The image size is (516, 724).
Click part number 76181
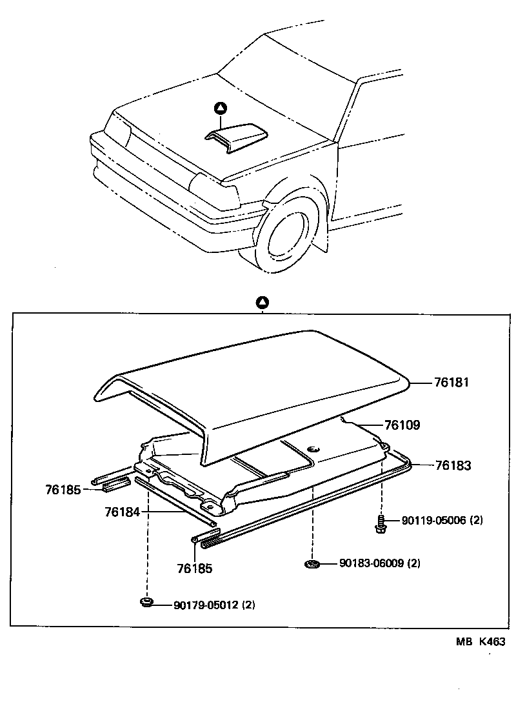click(451, 383)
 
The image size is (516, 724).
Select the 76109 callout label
click(402, 425)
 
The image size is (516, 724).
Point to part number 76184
click(122, 512)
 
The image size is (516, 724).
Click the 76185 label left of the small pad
click(63, 490)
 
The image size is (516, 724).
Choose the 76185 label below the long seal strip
click(194, 569)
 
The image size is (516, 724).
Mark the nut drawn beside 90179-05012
click(147, 603)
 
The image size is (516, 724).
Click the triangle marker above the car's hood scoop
click(221, 108)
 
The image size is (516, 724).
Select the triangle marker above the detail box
click(262, 302)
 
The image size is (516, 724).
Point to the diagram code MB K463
click(481, 642)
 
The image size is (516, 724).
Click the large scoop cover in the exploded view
click(258, 387)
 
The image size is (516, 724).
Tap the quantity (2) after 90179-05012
click(249, 605)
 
